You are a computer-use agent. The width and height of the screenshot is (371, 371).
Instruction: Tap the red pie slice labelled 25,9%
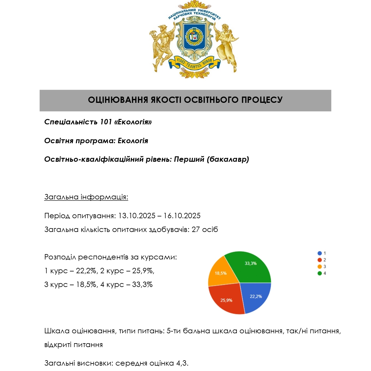point(227,299)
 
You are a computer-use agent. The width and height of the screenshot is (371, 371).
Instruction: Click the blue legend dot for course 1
point(320,253)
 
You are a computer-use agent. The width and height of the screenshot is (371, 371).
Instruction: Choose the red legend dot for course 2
point(320,260)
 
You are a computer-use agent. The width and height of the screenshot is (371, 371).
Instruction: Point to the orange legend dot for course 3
point(320,267)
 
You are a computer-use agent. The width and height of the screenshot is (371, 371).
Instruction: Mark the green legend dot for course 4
point(320,273)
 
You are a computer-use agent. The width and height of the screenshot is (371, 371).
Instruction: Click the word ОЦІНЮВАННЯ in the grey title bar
point(118,100)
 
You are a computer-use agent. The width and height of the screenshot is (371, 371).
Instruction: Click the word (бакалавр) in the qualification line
point(228,159)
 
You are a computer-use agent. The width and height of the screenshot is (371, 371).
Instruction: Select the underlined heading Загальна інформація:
point(86,197)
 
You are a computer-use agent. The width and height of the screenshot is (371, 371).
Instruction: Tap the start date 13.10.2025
point(137,216)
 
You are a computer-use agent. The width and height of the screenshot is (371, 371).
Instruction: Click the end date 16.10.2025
point(182,216)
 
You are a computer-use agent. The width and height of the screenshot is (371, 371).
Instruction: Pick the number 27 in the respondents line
point(196,230)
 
